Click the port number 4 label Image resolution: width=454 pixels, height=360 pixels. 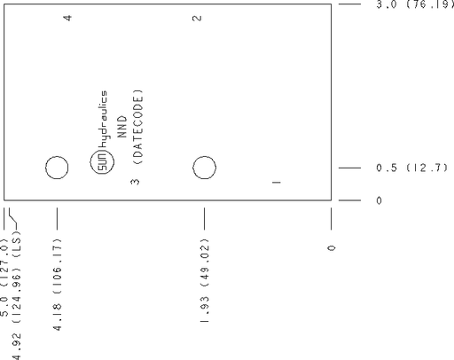click(x=67, y=18)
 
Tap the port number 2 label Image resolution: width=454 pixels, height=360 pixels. click(x=197, y=19)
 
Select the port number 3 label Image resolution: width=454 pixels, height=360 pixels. click(x=135, y=182)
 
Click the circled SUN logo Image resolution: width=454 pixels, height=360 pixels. click(x=102, y=162)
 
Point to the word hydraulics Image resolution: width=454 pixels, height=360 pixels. click(x=103, y=119)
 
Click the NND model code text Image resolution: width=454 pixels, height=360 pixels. click(x=122, y=127)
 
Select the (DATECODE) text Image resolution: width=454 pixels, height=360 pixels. click(x=137, y=127)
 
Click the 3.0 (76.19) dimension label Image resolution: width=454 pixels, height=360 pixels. click(x=415, y=4)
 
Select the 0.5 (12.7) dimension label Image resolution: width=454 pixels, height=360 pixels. click(x=411, y=168)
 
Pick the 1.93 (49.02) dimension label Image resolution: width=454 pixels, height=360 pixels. click(x=205, y=280)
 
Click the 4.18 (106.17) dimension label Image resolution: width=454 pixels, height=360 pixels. click(x=57, y=284)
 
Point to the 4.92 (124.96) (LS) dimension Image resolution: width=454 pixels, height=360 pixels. click(x=17, y=294)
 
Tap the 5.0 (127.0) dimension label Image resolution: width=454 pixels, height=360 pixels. click(x=4, y=277)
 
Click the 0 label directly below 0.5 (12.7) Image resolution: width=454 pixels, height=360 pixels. click(x=379, y=200)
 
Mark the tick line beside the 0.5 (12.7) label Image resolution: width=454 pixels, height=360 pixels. click(x=349, y=168)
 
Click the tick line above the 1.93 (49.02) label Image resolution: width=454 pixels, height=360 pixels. click(x=204, y=218)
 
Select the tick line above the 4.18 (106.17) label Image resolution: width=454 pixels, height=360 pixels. click(x=57, y=218)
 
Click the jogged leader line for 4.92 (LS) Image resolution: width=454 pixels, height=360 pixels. click(x=12, y=218)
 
